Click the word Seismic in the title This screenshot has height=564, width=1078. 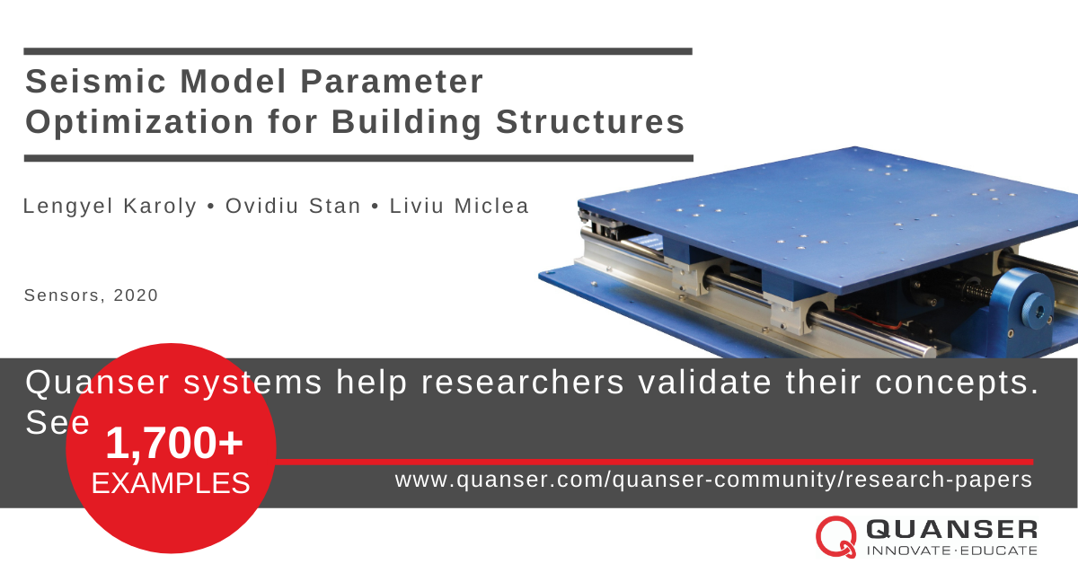point(95,81)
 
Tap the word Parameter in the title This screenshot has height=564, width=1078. point(392,81)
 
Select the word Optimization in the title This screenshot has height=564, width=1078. point(139,122)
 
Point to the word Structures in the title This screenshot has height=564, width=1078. point(590,122)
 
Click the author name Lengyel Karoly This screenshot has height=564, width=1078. point(110,207)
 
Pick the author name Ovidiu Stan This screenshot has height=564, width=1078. point(293,206)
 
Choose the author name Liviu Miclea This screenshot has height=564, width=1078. point(459,206)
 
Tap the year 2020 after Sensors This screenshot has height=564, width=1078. point(136,295)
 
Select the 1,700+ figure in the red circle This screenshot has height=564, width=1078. point(174,443)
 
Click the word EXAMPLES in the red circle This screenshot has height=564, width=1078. point(171,483)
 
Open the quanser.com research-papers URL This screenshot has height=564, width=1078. point(713,480)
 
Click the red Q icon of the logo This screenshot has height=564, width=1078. point(836,536)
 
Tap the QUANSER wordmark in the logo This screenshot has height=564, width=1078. point(952,529)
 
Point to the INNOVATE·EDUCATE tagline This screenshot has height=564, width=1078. point(952,550)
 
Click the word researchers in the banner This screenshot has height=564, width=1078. point(523,383)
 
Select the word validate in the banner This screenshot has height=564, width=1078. point(705,382)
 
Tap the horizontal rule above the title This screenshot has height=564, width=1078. point(358,51)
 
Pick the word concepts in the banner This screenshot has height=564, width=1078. point(957,383)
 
